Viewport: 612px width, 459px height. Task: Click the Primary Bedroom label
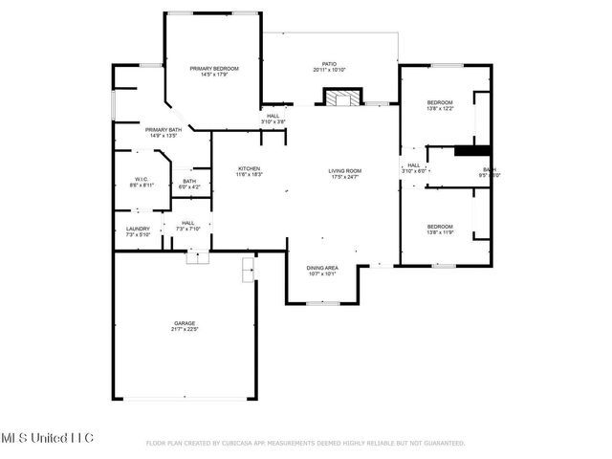(213, 69)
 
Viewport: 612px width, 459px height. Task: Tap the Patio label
(329, 65)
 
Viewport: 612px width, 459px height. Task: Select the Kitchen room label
(249, 169)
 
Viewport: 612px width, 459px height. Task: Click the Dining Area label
(322, 268)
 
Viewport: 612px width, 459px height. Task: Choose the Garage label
(185, 323)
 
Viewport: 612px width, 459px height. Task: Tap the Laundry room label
(138, 229)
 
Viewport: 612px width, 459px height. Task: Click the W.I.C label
(140, 179)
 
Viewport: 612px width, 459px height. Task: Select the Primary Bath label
(164, 130)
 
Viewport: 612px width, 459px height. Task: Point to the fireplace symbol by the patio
(342, 98)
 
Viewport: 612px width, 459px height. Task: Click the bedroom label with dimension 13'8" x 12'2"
(440, 102)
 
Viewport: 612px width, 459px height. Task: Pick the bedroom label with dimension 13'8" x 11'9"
(440, 226)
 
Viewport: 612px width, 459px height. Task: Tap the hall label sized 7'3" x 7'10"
(187, 223)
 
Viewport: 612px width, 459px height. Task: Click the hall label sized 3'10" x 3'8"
(273, 116)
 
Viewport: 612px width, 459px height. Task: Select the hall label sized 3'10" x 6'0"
(414, 165)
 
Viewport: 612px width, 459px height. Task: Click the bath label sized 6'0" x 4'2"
(189, 182)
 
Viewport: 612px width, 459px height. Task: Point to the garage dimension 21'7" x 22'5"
(185, 329)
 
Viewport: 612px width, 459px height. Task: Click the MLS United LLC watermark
(48, 437)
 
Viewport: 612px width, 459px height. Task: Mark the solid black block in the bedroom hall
(472, 149)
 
